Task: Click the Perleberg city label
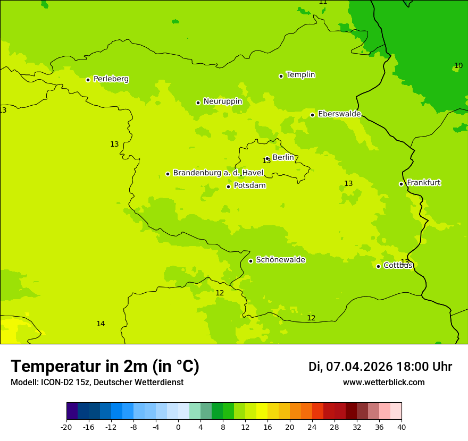click(111, 79)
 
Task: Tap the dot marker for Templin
click(281, 76)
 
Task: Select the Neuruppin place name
click(222, 101)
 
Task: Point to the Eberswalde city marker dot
click(312, 115)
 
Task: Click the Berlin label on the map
click(283, 158)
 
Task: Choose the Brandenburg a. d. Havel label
click(218, 173)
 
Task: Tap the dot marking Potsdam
click(228, 186)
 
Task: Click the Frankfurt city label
click(423, 183)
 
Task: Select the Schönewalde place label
click(280, 260)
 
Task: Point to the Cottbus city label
click(398, 266)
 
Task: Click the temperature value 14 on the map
click(101, 324)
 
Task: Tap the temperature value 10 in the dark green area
click(458, 66)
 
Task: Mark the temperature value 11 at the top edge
click(323, 2)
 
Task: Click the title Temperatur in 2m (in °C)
click(105, 367)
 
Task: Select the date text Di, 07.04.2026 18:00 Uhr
click(380, 367)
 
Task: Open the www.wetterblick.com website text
click(383, 383)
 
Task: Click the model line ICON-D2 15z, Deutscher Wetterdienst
click(97, 383)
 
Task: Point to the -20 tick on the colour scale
click(66, 427)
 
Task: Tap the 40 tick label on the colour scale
click(402, 427)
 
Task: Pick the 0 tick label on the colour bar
click(178, 427)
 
